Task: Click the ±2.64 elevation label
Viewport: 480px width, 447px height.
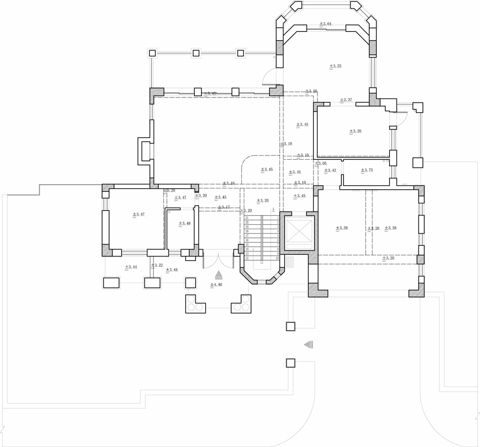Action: point(326,24)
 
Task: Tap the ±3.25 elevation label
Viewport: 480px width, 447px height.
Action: point(336,66)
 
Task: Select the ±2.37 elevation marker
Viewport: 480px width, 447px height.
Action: point(346,100)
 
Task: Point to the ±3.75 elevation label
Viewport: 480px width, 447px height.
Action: point(367,170)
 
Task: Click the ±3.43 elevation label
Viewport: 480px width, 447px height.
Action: point(330,171)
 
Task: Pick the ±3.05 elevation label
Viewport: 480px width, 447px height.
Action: point(321,164)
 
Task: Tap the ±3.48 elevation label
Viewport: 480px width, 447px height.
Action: point(184,223)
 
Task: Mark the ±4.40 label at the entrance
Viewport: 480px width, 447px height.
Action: point(216,285)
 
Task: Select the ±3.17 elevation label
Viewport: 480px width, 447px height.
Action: point(224,207)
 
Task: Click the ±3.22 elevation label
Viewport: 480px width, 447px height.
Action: point(157,265)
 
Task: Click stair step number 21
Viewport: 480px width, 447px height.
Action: point(247,218)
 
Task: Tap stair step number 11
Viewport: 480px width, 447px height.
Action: point(262,263)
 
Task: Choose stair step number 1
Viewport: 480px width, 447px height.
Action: point(278,218)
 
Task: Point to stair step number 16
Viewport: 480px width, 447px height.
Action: point(247,240)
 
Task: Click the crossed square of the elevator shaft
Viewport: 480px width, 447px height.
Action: point(299,231)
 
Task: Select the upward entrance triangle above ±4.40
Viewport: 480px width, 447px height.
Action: point(218,275)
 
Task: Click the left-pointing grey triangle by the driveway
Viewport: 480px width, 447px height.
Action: point(308,344)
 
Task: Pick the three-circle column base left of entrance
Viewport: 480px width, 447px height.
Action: point(195,304)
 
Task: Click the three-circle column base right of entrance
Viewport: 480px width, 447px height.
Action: point(241,304)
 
